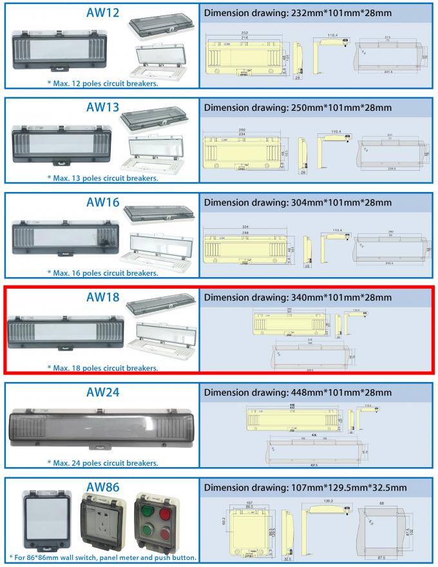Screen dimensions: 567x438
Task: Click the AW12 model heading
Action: (x=103, y=13)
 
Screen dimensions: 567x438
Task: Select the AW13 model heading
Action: (x=103, y=108)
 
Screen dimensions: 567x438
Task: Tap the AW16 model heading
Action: (x=103, y=202)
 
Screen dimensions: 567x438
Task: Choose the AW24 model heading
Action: (x=103, y=392)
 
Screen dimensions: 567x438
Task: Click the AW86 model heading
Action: (x=103, y=486)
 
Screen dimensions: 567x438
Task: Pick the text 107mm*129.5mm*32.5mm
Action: (x=348, y=486)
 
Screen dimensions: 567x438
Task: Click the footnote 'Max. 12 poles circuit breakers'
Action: (x=102, y=83)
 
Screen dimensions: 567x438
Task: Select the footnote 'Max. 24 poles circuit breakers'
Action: (x=102, y=462)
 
